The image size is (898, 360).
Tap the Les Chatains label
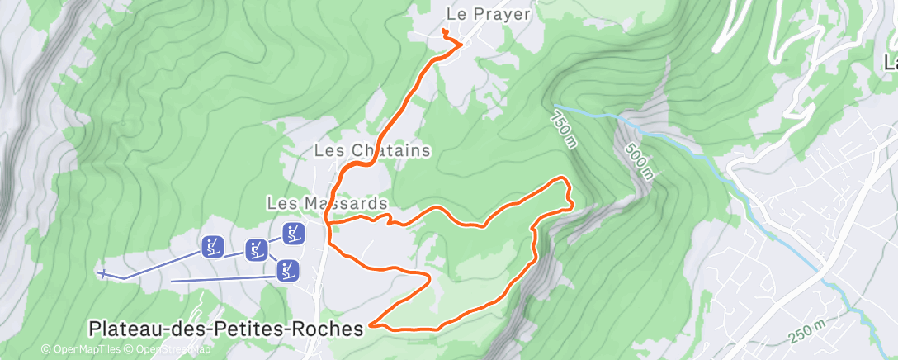(373, 151)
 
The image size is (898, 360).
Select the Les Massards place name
(327, 202)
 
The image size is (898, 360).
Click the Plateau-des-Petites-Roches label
(225, 329)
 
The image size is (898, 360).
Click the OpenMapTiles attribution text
(87, 349)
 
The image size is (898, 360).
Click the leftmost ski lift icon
(212, 246)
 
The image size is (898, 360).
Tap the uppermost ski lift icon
(293, 234)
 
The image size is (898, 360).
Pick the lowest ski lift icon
(286, 270)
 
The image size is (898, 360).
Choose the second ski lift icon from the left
(257, 250)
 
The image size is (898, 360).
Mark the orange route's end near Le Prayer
(444, 31)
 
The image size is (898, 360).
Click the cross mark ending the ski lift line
(102, 274)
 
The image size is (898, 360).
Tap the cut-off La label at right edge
(890, 63)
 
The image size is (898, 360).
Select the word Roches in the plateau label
(329, 329)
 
